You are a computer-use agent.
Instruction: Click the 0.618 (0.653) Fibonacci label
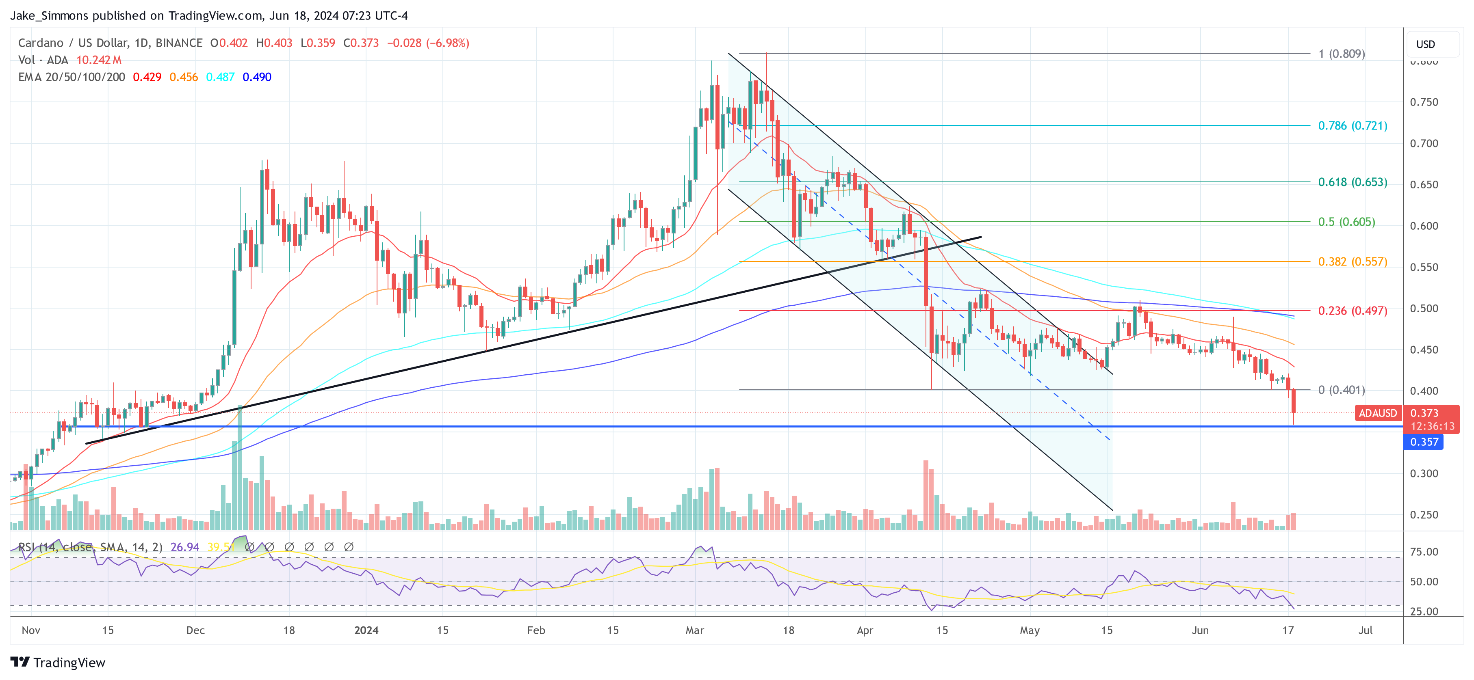(x=1352, y=182)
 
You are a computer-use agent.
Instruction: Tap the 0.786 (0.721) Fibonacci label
(x=1352, y=126)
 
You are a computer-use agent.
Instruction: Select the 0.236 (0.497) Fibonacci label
(x=1352, y=311)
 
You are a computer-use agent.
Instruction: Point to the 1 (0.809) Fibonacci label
(x=1341, y=54)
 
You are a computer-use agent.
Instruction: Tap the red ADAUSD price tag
(x=1377, y=413)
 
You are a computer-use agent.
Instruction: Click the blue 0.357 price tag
(x=1423, y=442)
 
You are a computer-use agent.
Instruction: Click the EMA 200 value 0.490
(x=257, y=77)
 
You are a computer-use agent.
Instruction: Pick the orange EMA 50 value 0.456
(x=183, y=77)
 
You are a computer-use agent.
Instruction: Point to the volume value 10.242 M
(x=99, y=60)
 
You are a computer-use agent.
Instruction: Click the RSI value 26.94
(x=184, y=547)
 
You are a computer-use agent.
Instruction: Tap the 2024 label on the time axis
(x=366, y=630)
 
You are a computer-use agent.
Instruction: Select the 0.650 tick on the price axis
(x=1424, y=185)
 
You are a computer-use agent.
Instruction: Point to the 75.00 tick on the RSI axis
(x=1424, y=552)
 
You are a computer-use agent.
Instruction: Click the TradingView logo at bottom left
(x=58, y=662)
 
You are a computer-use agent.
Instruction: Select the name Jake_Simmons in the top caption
(x=49, y=15)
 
